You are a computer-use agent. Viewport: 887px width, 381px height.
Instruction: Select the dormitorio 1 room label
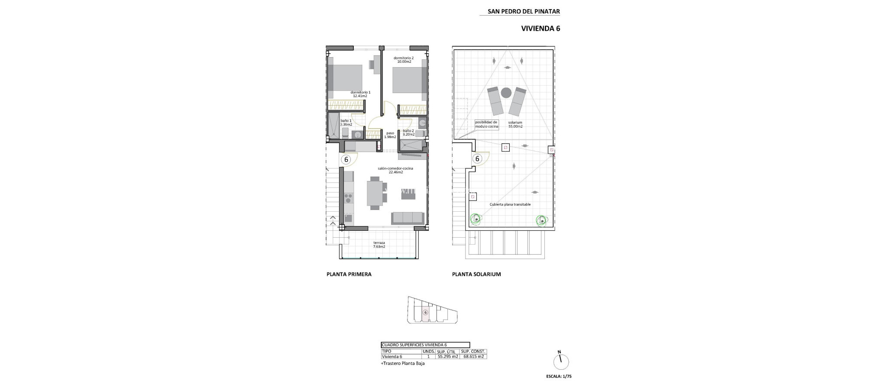[x=360, y=94]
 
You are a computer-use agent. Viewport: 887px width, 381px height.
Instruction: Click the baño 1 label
[x=346, y=123]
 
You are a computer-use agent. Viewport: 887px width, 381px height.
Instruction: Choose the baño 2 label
[x=408, y=132]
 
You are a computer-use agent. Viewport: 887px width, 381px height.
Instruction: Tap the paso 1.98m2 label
[x=390, y=135]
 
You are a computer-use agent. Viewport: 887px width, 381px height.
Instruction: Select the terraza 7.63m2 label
[x=379, y=245]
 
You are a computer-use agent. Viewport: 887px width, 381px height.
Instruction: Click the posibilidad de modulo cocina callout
[x=487, y=124]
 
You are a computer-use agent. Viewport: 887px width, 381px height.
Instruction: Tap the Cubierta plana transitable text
[x=510, y=204]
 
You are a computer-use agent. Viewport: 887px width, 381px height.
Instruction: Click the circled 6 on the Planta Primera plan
[x=346, y=159]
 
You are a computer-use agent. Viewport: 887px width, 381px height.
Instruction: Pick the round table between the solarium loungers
[x=506, y=93]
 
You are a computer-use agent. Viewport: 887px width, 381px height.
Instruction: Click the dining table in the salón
[x=375, y=193]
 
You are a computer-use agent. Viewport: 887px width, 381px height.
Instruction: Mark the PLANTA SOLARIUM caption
[x=476, y=274]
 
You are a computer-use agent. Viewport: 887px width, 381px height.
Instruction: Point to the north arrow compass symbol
[x=561, y=361]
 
